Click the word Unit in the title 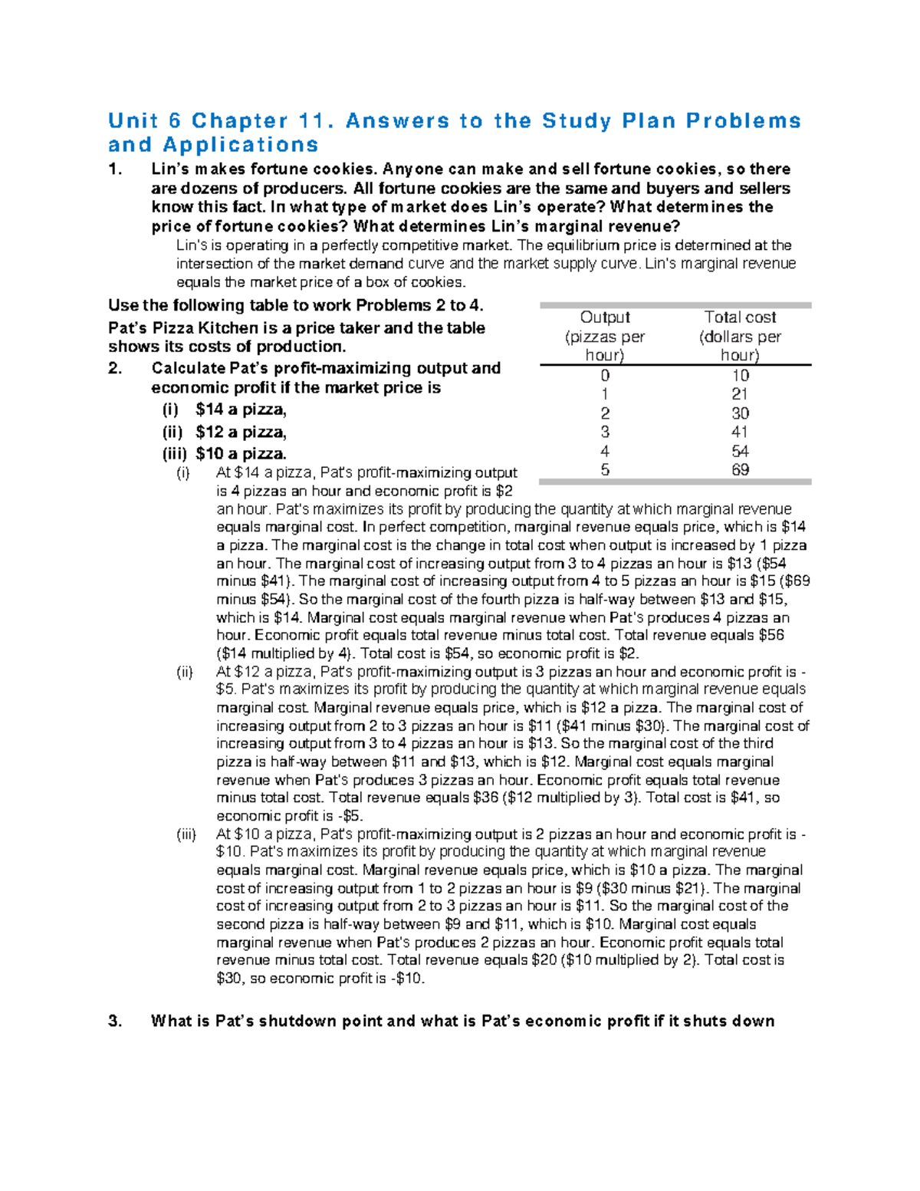pos(133,121)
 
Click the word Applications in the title pos(241,145)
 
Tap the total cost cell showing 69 pos(740,470)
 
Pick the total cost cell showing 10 pos(740,376)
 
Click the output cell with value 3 pos(605,433)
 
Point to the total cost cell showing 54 pos(740,452)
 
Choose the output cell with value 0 pos(605,376)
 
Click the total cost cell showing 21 pos(740,394)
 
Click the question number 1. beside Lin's pos(115,169)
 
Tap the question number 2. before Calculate pos(115,369)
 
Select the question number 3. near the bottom pos(115,1022)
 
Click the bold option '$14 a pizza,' pos(241,410)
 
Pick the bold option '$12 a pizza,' pos(241,433)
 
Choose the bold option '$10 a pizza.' pos(241,454)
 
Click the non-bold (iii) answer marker pos(186,834)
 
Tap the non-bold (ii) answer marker pos(185,673)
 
